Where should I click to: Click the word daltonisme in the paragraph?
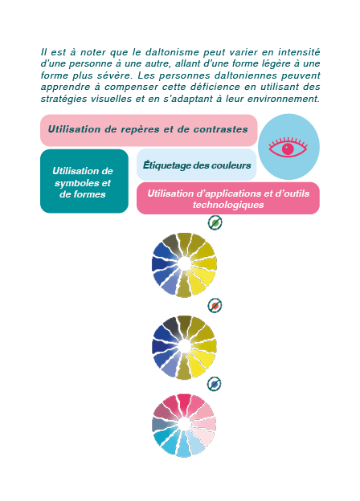click(x=172, y=52)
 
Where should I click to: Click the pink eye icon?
click(x=288, y=147)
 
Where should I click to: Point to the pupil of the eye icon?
click(x=288, y=149)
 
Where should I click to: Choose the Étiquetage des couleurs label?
click(x=197, y=165)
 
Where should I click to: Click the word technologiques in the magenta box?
click(x=228, y=205)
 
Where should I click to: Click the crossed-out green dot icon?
click(x=215, y=222)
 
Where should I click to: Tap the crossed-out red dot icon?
click(x=215, y=306)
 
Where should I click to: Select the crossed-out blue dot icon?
click(x=215, y=384)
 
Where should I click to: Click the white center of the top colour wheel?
click(x=184, y=264)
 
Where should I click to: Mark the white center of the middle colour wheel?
click(x=184, y=347)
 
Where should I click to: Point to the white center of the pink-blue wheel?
click(x=184, y=425)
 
